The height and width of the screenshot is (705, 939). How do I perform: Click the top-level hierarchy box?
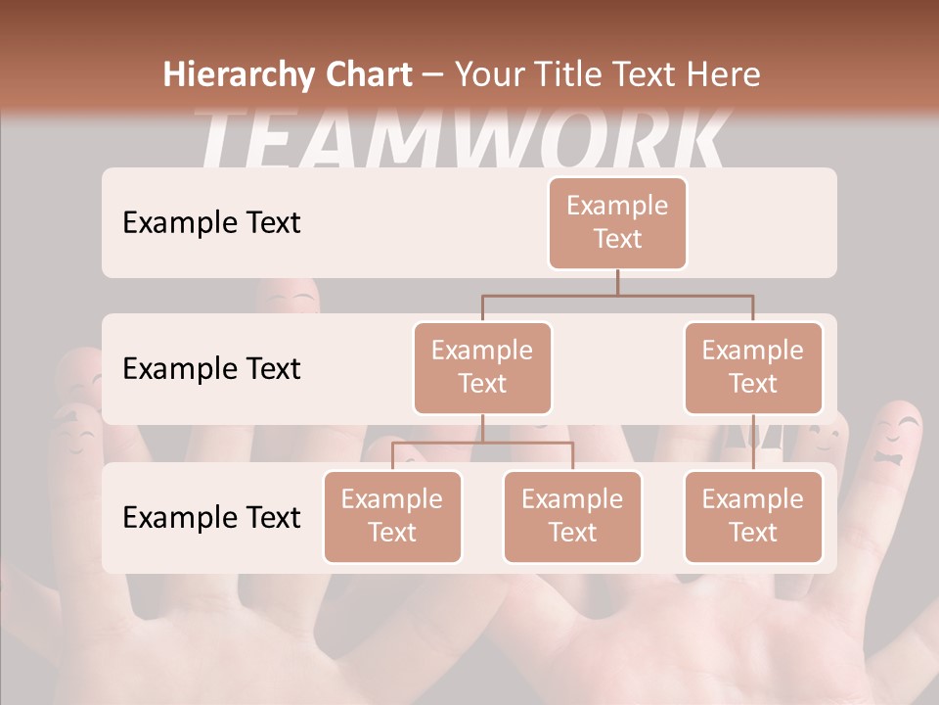[617, 223]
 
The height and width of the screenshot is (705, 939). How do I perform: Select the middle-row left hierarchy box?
[482, 368]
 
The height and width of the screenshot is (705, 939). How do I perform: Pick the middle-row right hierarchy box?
[753, 368]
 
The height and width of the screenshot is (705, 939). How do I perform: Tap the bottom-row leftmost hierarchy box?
[392, 517]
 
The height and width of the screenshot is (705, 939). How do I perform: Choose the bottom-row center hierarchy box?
[572, 517]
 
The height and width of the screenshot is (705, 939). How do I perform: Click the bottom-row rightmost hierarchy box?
[753, 517]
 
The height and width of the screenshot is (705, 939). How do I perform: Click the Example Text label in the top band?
[211, 223]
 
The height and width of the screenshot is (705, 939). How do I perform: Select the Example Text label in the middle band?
[211, 369]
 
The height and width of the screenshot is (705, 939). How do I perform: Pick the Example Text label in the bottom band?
[211, 517]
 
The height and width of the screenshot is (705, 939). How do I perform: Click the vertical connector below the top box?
[617, 282]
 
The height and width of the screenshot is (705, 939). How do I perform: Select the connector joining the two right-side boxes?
[753, 443]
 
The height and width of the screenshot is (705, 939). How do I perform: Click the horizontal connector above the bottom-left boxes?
[482, 443]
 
